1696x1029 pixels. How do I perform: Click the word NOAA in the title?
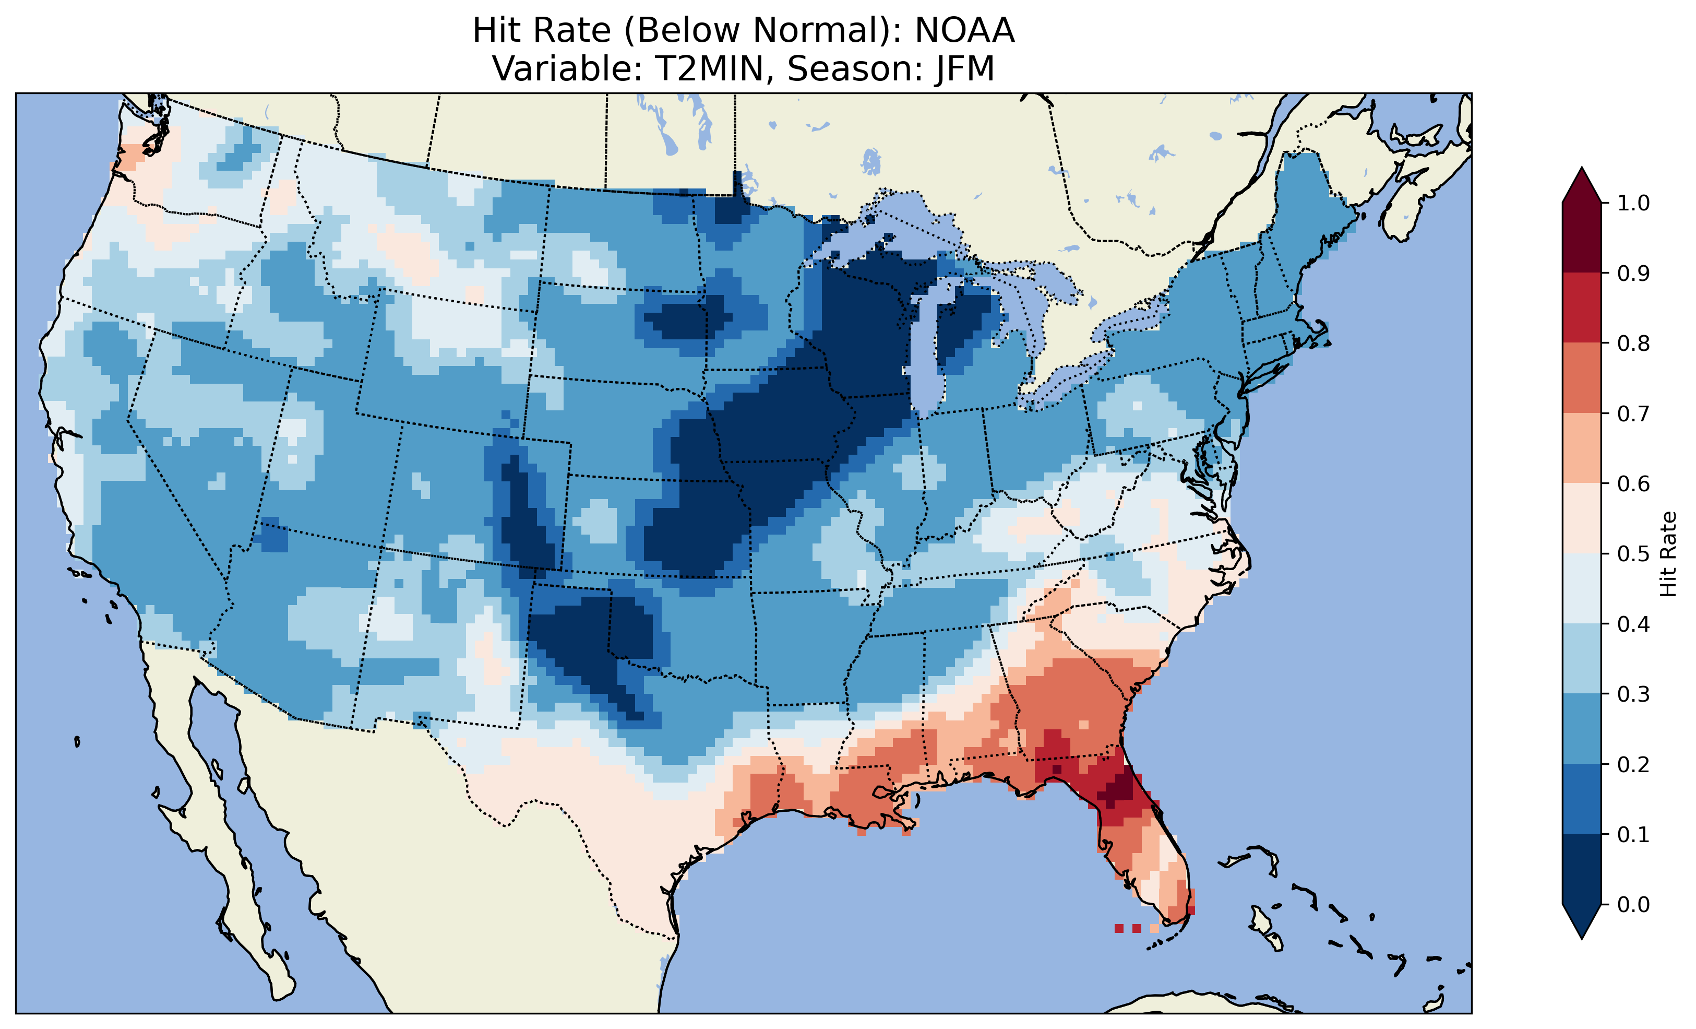(x=964, y=31)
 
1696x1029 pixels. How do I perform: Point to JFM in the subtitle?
(x=964, y=69)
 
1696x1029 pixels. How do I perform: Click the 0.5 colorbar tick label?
(x=1633, y=554)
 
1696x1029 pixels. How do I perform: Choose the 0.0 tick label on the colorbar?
(x=1633, y=904)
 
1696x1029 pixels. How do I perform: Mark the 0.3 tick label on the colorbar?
(x=1633, y=694)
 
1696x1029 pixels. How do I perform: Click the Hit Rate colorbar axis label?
(x=1668, y=554)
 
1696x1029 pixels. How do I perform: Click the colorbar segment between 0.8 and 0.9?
(x=1582, y=308)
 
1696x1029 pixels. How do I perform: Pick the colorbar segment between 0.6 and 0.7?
(x=1582, y=448)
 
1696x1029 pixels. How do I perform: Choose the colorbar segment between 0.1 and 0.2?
(x=1582, y=799)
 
